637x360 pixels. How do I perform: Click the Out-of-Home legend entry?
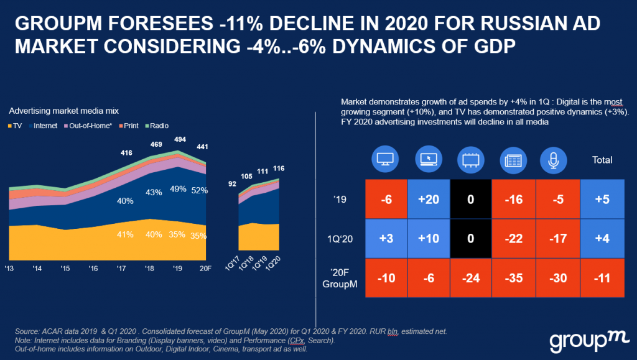click(x=92, y=126)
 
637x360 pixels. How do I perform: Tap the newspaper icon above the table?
click(x=511, y=160)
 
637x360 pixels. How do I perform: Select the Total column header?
click(x=601, y=160)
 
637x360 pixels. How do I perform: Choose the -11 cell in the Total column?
click(x=601, y=277)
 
